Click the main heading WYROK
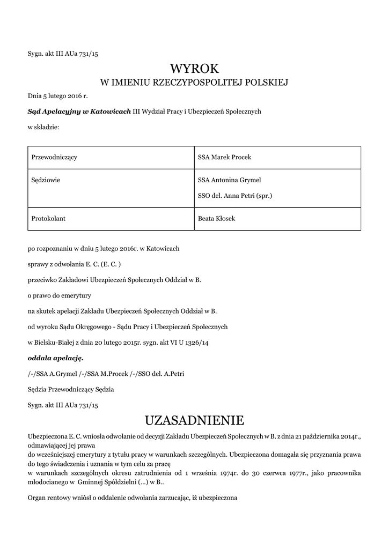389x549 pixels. (x=195, y=69)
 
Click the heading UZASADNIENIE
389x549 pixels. (x=194, y=419)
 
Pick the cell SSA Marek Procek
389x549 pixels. (x=224, y=157)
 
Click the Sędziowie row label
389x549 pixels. (x=46, y=180)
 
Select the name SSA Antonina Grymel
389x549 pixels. (x=229, y=180)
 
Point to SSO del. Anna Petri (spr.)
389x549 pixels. (x=235, y=196)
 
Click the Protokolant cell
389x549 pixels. (x=49, y=219)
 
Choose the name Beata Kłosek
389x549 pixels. (x=217, y=219)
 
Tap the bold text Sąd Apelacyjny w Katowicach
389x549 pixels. (x=79, y=112)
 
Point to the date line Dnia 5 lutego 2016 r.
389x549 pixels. (x=57, y=96)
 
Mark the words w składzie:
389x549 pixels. (x=43, y=127)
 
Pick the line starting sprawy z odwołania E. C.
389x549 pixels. (x=75, y=264)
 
